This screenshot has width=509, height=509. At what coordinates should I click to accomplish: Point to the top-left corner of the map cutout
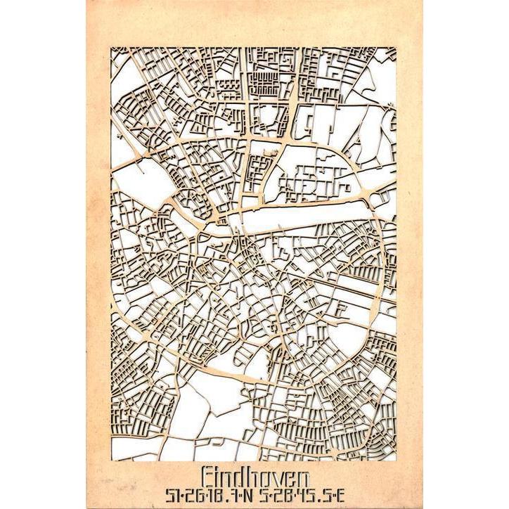(110, 47)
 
